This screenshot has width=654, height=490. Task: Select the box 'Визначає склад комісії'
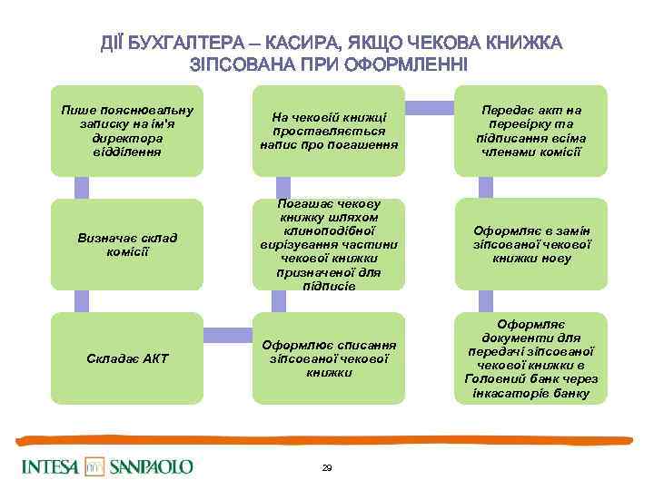126,244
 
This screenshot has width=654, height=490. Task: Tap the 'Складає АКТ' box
126,358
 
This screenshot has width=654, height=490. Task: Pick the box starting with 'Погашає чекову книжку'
328,244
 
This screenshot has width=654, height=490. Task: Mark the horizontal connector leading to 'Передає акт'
429,108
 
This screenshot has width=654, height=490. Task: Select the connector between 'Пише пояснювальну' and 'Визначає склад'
82,188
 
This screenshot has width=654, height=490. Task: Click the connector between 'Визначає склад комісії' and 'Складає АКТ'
82,301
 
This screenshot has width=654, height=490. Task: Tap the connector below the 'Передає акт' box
485,188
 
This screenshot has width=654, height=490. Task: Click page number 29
327,468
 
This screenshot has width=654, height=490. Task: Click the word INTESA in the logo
50,467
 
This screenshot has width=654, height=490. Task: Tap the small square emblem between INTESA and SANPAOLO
95,467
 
